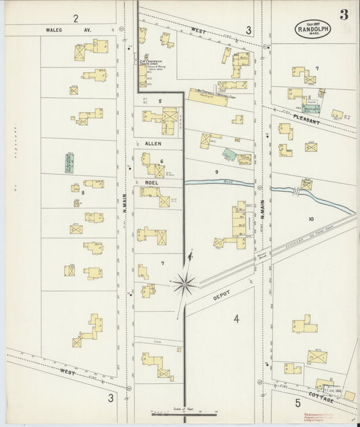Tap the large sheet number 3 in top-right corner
click(344, 15)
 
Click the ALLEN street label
click(153, 143)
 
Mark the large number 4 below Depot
click(236, 319)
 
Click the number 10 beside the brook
click(311, 219)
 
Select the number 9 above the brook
click(217, 173)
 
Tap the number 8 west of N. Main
click(82, 193)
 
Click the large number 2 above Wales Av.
click(76, 18)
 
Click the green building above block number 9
click(230, 155)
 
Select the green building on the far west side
click(69, 164)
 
